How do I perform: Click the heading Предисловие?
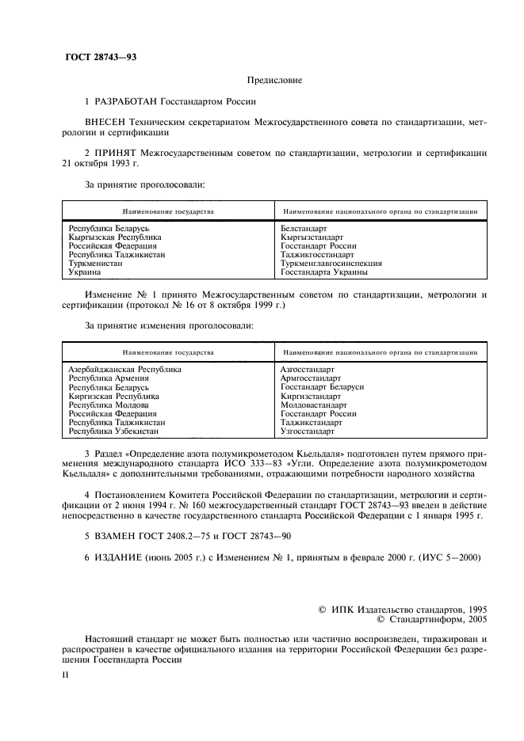[x=274, y=81]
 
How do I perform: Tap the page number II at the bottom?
[x=67, y=674]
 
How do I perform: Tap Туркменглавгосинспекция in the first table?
[x=331, y=263]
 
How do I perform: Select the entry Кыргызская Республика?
[x=115, y=237]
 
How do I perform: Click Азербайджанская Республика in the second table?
[x=125, y=370]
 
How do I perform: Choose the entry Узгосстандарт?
[x=308, y=431]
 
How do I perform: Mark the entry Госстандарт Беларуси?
[x=322, y=387]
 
